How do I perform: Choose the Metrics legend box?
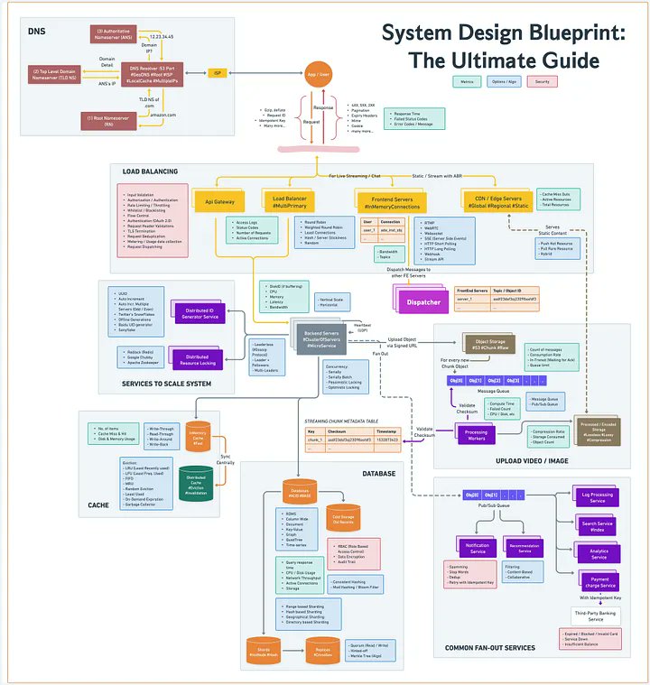(467, 82)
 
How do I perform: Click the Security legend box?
(542, 82)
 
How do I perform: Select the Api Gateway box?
(220, 201)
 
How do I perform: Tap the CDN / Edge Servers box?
(494, 201)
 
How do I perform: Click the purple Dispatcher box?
(424, 301)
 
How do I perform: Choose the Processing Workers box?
(476, 435)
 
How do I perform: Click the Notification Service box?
(477, 549)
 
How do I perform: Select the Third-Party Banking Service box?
(596, 616)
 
